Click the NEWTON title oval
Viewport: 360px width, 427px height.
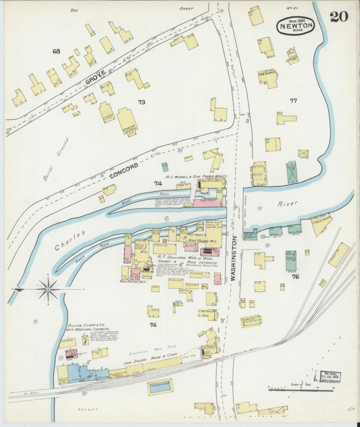295,25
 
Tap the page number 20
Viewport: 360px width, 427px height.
339,16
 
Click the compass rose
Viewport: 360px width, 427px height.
48,290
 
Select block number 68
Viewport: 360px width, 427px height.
56,51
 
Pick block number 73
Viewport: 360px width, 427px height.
141,102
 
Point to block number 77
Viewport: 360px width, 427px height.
293,100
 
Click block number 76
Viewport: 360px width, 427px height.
295,276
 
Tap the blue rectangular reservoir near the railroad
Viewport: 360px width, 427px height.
159,386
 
